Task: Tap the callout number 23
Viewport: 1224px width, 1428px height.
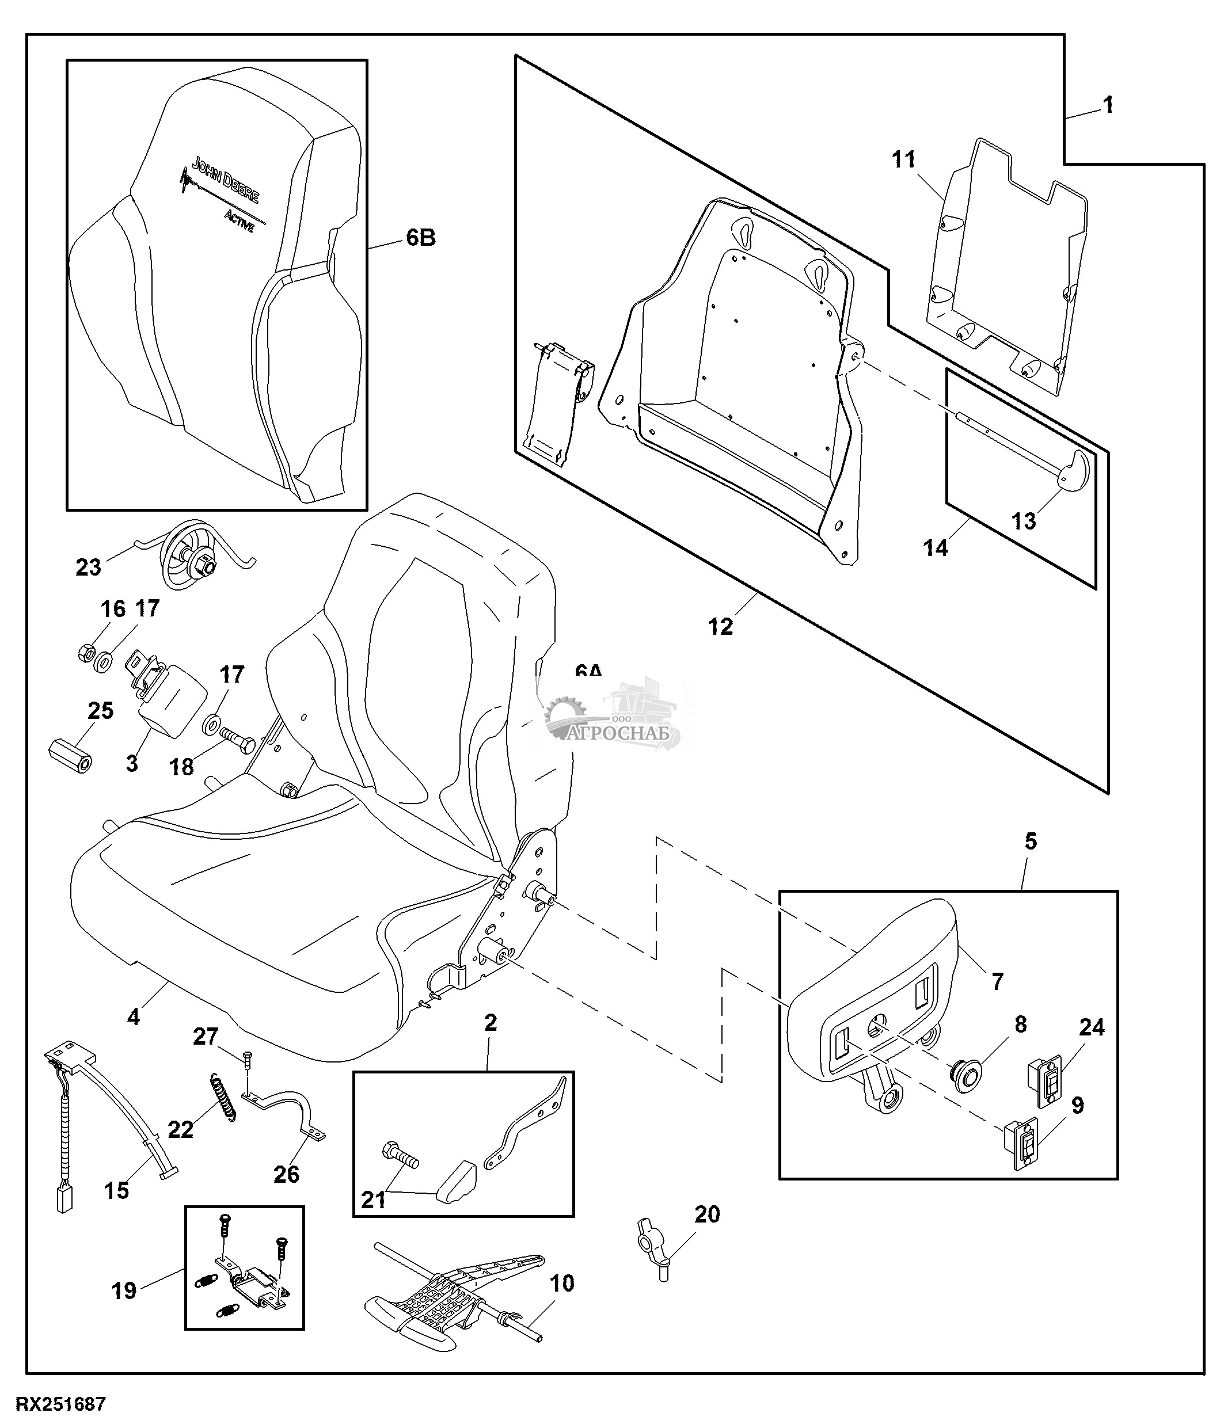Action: pyautogui.click(x=88, y=568)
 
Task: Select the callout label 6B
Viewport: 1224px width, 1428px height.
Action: pyautogui.click(x=420, y=238)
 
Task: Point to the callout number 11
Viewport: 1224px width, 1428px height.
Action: pyautogui.click(x=903, y=160)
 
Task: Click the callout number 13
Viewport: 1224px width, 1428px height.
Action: pyautogui.click(x=1024, y=521)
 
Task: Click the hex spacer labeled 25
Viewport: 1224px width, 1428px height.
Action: pyautogui.click(x=71, y=755)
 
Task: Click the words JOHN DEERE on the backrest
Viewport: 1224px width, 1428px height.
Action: pyautogui.click(x=225, y=181)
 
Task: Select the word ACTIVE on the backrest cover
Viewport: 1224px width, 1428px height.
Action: pyautogui.click(x=239, y=222)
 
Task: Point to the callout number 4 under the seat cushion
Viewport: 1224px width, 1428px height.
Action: pyautogui.click(x=134, y=1016)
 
